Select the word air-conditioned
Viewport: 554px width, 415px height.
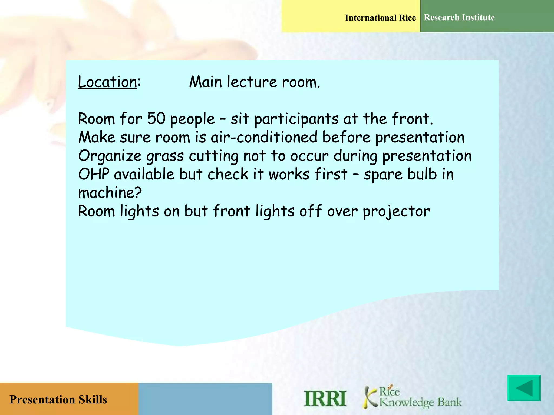[x=264, y=137]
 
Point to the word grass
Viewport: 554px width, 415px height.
[x=165, y=156]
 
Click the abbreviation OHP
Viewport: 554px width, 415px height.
[x=94, y=174]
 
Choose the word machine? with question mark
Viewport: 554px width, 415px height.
[x=110, y=193]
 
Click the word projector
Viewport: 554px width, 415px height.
[x=396, y=212]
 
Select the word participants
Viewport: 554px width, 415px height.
[x=296, y=119]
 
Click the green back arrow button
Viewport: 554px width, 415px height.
[x=524, y=388]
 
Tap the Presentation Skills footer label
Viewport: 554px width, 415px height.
[x=58, y=399]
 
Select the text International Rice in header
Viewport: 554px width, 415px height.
[x=380, y=18]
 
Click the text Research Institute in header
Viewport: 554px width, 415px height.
[x=459, y=18]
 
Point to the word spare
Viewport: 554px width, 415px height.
[x=383, y=175]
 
